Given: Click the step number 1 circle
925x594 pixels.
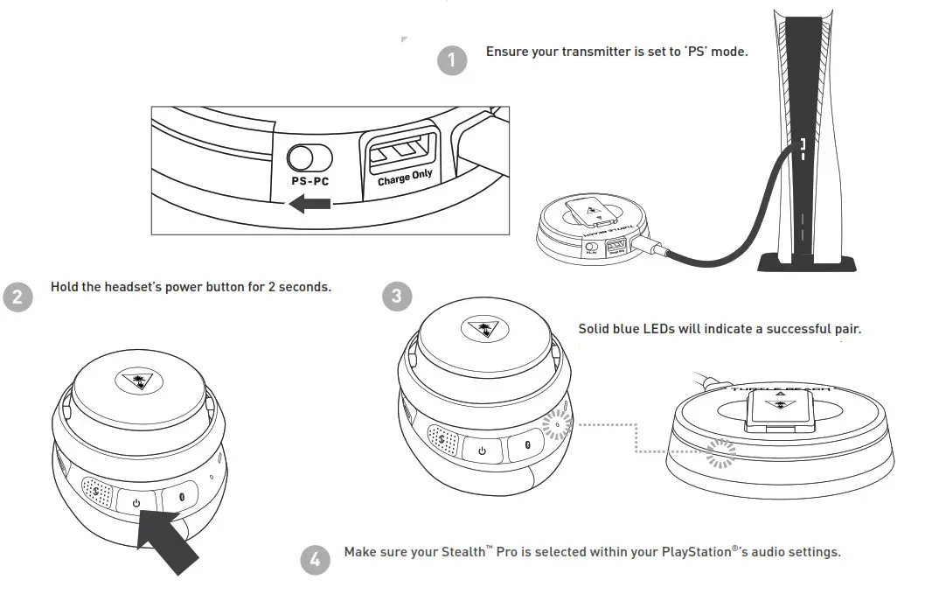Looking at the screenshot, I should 451,60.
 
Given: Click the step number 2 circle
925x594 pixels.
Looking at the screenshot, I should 18,297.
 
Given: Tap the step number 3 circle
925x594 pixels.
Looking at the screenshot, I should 397,297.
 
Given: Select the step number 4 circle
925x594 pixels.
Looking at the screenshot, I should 316,560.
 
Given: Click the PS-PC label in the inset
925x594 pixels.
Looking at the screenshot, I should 310,182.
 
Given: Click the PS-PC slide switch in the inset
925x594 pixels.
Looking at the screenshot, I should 310,157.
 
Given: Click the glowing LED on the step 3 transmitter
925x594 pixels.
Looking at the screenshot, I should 720,451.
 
